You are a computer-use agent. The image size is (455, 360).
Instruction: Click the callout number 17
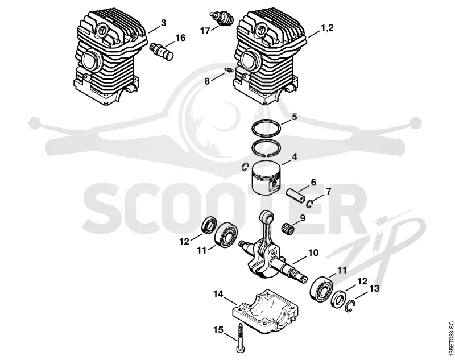click(x=205, y=31)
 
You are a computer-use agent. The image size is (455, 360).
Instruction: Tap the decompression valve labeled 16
click(x=163, y=52)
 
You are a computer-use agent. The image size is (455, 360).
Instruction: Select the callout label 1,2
click(x=327, y=28)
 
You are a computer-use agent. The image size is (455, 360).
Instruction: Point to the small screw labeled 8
click(x=228, y=70)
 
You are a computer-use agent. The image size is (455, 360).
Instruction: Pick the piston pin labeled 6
click(x=296, y=195)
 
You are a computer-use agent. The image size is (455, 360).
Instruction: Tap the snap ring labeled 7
click(x=309, y=204)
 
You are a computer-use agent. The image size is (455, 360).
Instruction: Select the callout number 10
click(x=313, y=253)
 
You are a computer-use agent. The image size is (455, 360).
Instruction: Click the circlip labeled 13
click(x=351, y=307)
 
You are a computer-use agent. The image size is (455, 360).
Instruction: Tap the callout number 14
click(x=218, y=294)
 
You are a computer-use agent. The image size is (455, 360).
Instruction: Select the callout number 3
click(x=163, y=23)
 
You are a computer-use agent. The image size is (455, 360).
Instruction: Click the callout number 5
click(x=294, y=117)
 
